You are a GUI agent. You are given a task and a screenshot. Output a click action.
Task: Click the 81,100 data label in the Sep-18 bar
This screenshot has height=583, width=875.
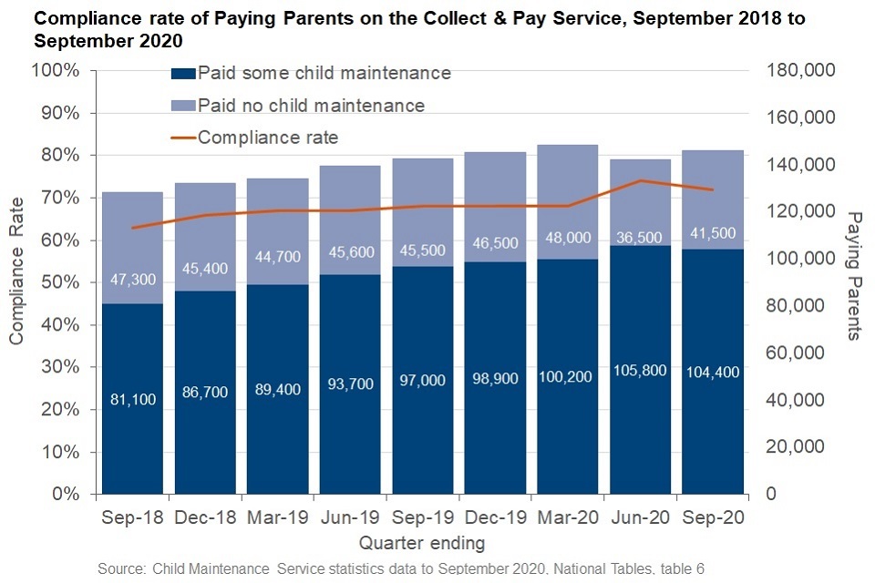click(x=132, y=398)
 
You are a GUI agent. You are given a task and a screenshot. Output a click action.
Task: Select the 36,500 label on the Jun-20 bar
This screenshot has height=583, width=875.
click(x=641, y=234)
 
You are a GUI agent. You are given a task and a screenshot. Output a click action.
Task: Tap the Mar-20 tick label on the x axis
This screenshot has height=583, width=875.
click(x=568, y=517)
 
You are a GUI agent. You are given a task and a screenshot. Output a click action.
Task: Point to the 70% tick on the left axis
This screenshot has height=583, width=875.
click(x=60, y=198)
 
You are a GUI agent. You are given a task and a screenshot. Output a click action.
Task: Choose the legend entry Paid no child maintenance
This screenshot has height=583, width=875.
click(x=311, y=105)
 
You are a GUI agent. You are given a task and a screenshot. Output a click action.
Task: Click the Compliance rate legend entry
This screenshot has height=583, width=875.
click(x=268, y=138)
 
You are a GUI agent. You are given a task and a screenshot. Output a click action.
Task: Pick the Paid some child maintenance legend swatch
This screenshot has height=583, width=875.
click(x=183, y=74)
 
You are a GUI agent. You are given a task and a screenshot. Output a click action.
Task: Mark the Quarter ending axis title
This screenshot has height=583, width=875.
click(x=421, y=544)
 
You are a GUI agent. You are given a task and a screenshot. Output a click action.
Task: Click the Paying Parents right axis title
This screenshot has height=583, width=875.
click(x=854, y=275)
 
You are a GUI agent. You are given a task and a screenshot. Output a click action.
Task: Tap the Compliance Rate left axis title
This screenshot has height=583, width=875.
click(x=16, y=286)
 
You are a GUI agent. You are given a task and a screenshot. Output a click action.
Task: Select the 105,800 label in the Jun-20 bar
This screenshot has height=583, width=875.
click(x=641, y=371)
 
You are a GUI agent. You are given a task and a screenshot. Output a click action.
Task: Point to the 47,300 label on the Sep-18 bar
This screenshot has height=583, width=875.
click(x=132, y=279)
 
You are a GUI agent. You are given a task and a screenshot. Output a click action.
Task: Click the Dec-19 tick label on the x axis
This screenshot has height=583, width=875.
click(x=495, y=517)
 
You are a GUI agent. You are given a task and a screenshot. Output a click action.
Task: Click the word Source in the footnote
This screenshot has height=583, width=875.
click(x=121, y=568)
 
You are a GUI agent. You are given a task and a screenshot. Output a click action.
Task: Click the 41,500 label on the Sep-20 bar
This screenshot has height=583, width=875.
click(x=713, y=233)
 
